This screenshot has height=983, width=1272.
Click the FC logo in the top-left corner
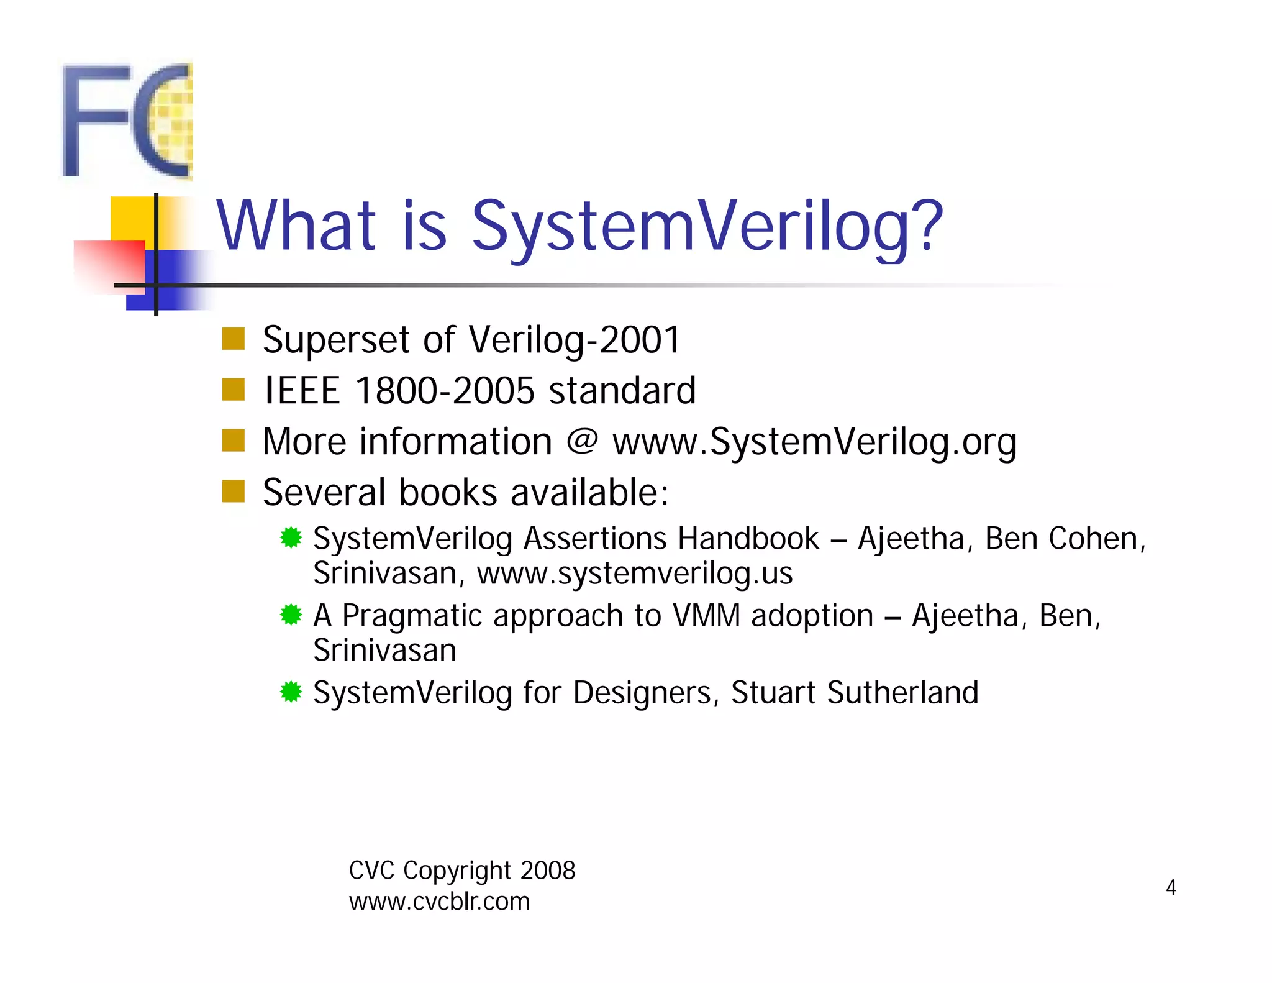[x=127, y=121]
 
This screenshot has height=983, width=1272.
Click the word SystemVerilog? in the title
[x=707, y=227]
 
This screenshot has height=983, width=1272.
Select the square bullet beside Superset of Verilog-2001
[x=234, y=339]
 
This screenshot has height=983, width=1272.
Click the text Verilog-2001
[x=574, y=340]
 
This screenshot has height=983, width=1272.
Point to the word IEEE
[x=302, y=391]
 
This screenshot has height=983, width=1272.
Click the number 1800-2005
[x=445, y=391]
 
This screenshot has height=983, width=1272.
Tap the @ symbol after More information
[x=582, y=441]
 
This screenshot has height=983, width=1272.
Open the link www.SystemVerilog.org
[x=814, y=442]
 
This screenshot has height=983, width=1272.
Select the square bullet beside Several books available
[x=234, y=491]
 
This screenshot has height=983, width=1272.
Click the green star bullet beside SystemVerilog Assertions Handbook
[x=291, y=537]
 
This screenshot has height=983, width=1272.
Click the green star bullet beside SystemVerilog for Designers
[x=291, y=692]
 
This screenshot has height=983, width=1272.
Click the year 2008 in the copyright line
[x=548, y=871]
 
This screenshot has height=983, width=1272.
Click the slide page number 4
[x=1171, y=887]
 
